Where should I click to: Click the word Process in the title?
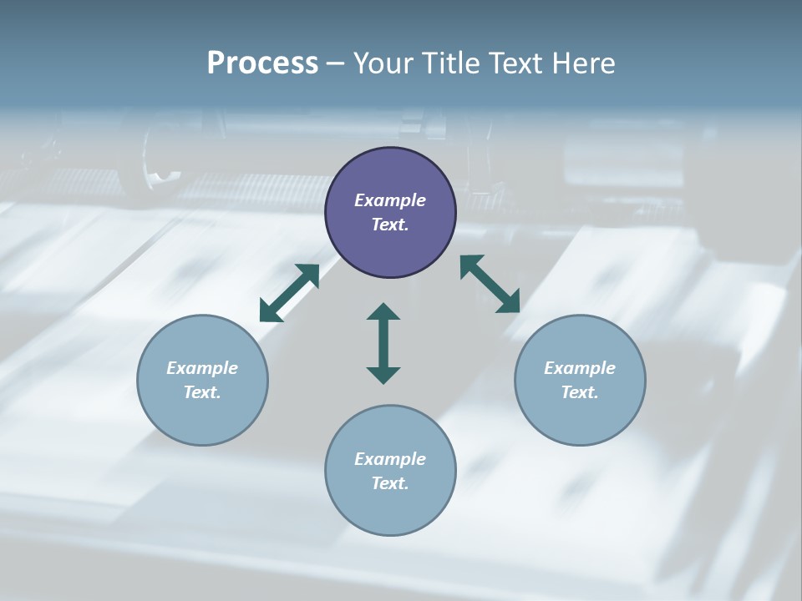(x=262, y=63)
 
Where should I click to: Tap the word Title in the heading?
(x=452, y=63)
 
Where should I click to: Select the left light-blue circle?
(x=202, y=417)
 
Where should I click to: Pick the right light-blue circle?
(x=580, y=417)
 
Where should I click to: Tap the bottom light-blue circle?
(x=390, y=509)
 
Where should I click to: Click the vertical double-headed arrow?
(x=383, y=344)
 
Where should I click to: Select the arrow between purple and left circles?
(x=289, y=293)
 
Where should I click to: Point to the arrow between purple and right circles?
(x=490, y=284)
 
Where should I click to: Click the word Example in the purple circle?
(x=390, y=200)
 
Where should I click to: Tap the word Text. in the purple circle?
(x=390, y=225)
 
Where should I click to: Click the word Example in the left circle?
(x=202, y=368)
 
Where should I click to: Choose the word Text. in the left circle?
(x=202, y=392)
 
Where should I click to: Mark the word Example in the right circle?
(x=580, y=368)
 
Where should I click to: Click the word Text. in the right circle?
(x=580, y=392)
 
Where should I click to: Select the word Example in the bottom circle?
(x=390, y=459)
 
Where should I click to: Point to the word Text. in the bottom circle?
(x=390, y=483)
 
